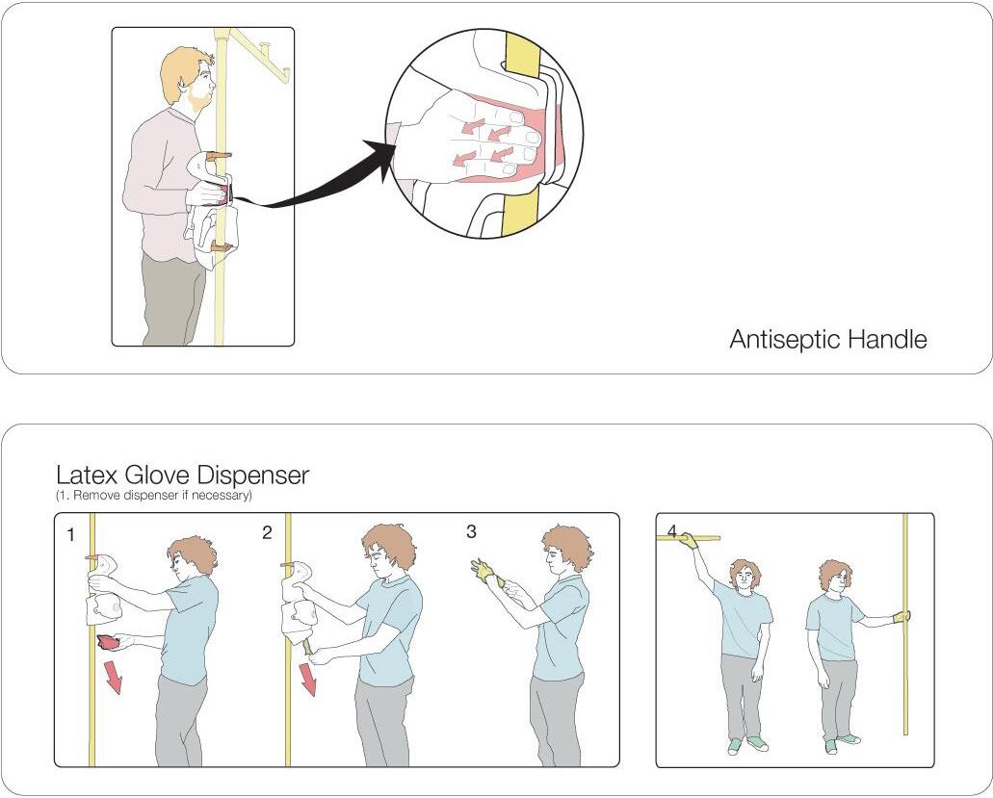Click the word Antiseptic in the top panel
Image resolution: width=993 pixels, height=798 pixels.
click(785, 340)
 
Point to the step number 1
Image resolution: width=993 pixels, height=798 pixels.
click(71, 535)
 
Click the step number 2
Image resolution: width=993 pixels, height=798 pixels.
click(267, 533)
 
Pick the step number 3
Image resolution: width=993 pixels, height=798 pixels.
click(471, 531)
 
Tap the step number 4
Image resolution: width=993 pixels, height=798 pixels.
click(672, 530)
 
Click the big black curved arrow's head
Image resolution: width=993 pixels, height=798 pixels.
click(385, 160)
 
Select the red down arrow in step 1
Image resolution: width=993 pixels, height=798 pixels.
click(114, 677)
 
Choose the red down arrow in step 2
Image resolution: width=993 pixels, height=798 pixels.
click(308, 679)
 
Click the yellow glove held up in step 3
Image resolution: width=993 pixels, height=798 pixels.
click(484, 572)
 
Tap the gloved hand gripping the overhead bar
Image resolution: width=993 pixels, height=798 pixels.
click(688, 540)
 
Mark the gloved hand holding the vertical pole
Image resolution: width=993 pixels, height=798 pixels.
click(902, 616)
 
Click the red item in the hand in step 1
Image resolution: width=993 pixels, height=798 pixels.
click(108, 643)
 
